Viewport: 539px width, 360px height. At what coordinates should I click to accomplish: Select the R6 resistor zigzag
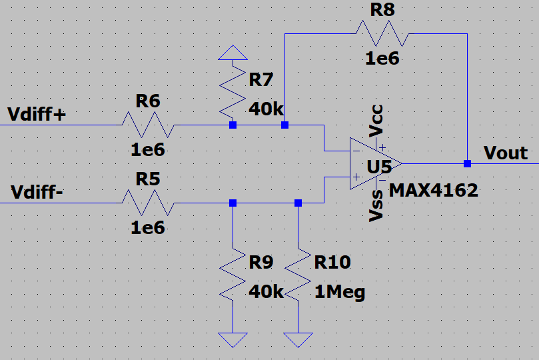[x=149, y=125]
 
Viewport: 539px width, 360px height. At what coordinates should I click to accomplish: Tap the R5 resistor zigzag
[x=149, y=203]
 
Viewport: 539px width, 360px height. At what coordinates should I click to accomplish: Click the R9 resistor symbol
[x=233, y=275]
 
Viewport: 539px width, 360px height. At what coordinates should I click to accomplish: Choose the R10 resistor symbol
[x=298, y=275]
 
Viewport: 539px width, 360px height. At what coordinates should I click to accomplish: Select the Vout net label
[x=506, y=153]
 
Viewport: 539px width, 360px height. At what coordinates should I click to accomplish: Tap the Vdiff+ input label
[x=37, y=114]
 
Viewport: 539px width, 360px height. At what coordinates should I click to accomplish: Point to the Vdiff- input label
[x=37, y=193]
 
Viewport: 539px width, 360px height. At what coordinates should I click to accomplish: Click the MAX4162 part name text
[x=434, y=190]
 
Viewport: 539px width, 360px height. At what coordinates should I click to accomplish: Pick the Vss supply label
[x=377, y=206]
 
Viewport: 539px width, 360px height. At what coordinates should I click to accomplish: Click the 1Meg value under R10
[x=340, y=292]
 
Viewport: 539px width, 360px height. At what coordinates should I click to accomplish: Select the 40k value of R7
[x=267, y=109]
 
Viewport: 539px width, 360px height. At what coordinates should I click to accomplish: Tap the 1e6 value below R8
[x=382, y=58]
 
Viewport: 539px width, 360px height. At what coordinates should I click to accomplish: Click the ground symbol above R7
[x=233, y=52]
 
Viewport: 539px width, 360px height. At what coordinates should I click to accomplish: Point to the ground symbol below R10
[x=298, y=339]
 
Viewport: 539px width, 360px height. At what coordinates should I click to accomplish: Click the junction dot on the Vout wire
[x=467, y=163]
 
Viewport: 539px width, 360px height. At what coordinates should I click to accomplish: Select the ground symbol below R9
[x=233, y=339]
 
